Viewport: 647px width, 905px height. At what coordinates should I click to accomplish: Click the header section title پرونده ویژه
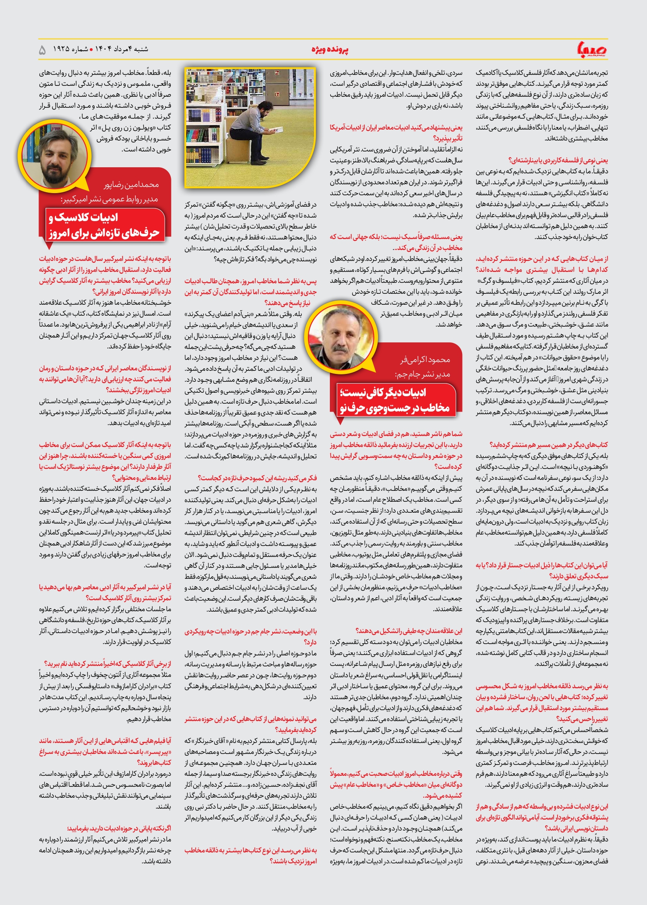pyautogui.click(x=330, y=49)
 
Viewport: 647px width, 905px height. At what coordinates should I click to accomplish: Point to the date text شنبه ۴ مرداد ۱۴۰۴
pyautogui.click(x=121, y=49)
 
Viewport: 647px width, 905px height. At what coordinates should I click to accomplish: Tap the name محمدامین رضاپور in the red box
pyautogui.click(x=131, y=185)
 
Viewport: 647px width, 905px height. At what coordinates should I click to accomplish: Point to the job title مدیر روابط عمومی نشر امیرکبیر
pyautogui.click(x=109, y=199)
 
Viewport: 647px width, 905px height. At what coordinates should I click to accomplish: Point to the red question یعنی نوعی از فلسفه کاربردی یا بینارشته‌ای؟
pyautogui.click(x=558, y=160)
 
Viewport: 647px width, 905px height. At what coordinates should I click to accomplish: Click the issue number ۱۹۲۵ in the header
pyautogui.click(x=61, y=49)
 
